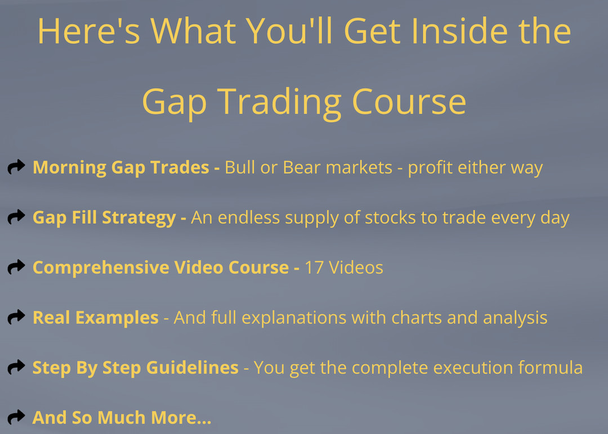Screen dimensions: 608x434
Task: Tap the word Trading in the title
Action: tap(279, 102)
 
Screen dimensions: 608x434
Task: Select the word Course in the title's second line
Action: tap(409, 101)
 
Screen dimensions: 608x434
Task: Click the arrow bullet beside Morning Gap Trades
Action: tap(16, 167)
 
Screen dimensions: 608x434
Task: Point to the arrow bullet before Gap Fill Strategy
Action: tap(16, 217)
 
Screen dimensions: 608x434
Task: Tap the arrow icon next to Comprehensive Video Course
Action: tap(16, 266)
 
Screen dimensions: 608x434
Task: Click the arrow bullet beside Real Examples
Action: tap(16, 317)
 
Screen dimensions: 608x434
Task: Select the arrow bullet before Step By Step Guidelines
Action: tap(16, 367)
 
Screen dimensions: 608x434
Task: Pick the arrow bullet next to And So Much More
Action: tap(16, 417)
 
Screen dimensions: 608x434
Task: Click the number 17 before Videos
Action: tap(314, 268)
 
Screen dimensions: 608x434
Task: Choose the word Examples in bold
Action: tap(117, 318)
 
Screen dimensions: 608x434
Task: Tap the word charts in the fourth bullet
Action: tap(417, 318)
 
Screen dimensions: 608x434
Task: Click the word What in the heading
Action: tap(193, 31)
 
